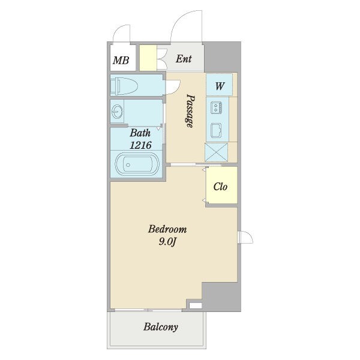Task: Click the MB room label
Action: (x=121, y=61)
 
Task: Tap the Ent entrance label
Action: (x=184, y=59)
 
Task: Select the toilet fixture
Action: (x=124, y=86)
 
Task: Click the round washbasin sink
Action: (x=118, y=112)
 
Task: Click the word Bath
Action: (x=140, y=133)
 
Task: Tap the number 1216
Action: (x=140, y=145)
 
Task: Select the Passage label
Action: (x=190, y=111)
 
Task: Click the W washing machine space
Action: (x=219, y=85)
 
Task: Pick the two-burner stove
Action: (x=216, y=107)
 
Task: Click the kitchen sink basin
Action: (x=216, y=130)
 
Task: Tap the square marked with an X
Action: (x=216, y=152)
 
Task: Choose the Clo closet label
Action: (x=220, y=187)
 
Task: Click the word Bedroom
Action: (x=167, y=229)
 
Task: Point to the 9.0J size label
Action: (x=167, y=242)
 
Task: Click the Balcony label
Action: (x=161, y=327)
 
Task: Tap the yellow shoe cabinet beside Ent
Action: (x=148, y=58)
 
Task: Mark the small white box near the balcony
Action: (x=196, y=305)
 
